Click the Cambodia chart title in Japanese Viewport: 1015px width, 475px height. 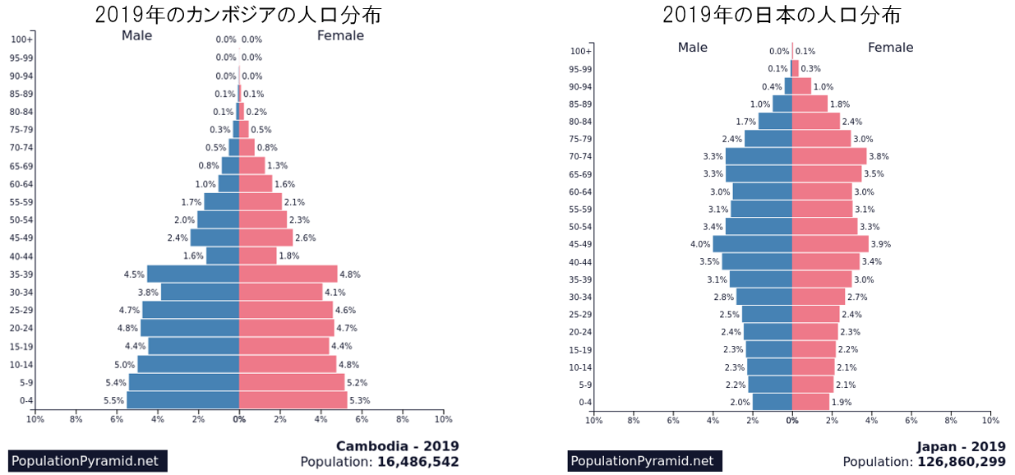[x=238, y=15]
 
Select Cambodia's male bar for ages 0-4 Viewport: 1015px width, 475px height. [x=182, y=400]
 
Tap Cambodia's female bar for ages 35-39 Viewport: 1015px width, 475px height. [x=288, y=274]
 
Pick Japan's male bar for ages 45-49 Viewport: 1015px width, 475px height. [x=752, y=244]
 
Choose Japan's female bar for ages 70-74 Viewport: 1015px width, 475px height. [x=829, y=156]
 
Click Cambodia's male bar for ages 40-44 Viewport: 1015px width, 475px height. [x=222, y=256]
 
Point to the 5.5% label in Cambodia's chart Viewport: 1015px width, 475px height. [x=114, y=401]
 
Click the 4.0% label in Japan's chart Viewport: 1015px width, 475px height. [x=700, y=244]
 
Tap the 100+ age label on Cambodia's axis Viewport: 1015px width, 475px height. [x=22, y=39]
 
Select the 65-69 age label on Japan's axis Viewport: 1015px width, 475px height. [x=581, y=174]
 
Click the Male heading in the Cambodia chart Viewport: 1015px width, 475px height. [x=137, y=35]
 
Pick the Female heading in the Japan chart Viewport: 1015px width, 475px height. [x=890, y=48]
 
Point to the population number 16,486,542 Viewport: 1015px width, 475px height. [x=418, y=462]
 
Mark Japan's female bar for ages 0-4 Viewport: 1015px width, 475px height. [x=810, y=403]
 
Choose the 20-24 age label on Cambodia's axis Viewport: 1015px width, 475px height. [x=21, y=329]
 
